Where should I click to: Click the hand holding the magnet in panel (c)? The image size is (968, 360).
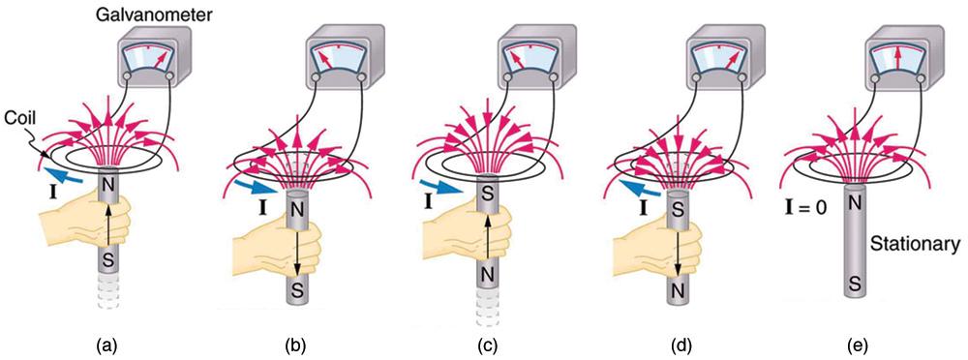click(446, 232)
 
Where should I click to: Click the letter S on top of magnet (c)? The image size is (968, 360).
click(493, 192)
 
